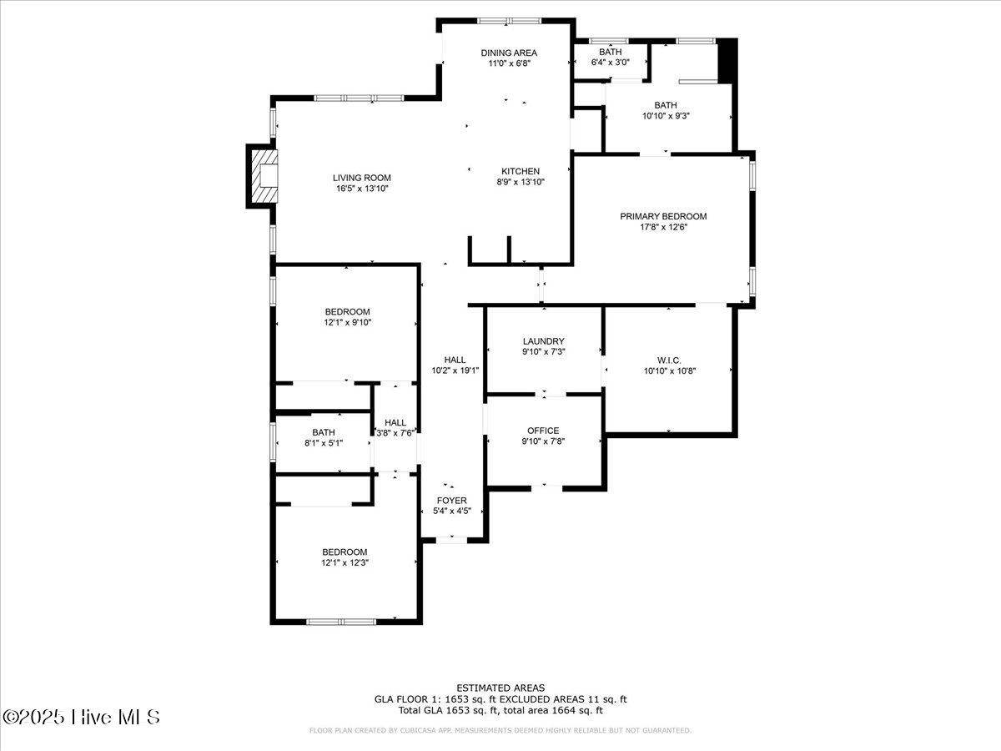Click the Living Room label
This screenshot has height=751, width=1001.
tap(362, 178)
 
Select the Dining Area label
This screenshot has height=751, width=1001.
tap(509, 53)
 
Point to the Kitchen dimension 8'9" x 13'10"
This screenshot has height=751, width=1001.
tap(521, 182)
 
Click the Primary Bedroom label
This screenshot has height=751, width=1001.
tap(663, 216)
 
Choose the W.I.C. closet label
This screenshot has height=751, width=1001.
tap(669, 360)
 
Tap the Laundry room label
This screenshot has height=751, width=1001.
tap(544, 341)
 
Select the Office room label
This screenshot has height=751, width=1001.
tap(543, 431)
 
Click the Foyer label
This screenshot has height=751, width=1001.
tap(452, 500)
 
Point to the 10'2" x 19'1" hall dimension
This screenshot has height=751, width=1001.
tap(455, 370)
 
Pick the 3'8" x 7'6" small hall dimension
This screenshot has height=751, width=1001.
tap(395, 433)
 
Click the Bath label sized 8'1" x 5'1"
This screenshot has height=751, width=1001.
tap(324, 431)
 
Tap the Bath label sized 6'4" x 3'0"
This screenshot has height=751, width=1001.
tap(610, 52)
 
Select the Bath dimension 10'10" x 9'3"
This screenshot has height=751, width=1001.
tap(666, 116)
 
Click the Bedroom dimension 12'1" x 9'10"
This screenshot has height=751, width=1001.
tap(348, 322)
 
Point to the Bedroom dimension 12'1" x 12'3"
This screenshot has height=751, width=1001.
tap(345, 562)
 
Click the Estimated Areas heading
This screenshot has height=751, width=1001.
tap(500, 688)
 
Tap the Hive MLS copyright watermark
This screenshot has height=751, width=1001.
tap(81, 718)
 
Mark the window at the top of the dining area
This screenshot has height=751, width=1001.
tap(509, 21)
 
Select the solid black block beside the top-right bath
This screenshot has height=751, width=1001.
tap(727, 61)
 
